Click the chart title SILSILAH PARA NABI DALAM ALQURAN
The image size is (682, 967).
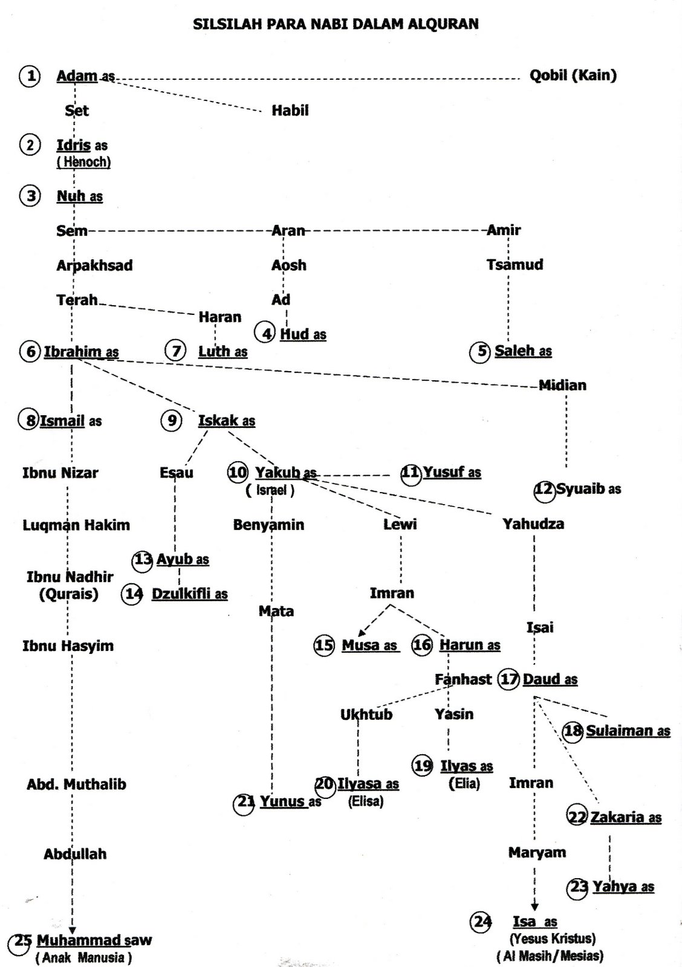(336, 24)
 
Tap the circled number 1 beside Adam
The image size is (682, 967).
(30, 76)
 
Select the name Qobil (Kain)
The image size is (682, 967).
(573, 76)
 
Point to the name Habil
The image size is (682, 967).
(290, 111)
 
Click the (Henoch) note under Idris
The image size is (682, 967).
(83, 162)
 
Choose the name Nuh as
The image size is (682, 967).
(79, 196)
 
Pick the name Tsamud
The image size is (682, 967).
(515, 265)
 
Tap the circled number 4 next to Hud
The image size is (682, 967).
(265, 333)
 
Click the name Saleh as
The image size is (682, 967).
(522, 351)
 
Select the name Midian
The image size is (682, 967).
(562, 385)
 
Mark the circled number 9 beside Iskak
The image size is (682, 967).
(172, 420)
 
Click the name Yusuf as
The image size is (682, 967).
(452, 472)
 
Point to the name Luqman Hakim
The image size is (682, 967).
(76, 525)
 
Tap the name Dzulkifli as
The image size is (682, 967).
(189, 594)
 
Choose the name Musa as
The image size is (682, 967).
(369, 645)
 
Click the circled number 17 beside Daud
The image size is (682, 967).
(509, 679)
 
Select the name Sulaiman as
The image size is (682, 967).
(628, 731)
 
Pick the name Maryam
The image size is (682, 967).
(537, 853)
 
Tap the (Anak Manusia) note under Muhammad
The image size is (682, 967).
(83, 957)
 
